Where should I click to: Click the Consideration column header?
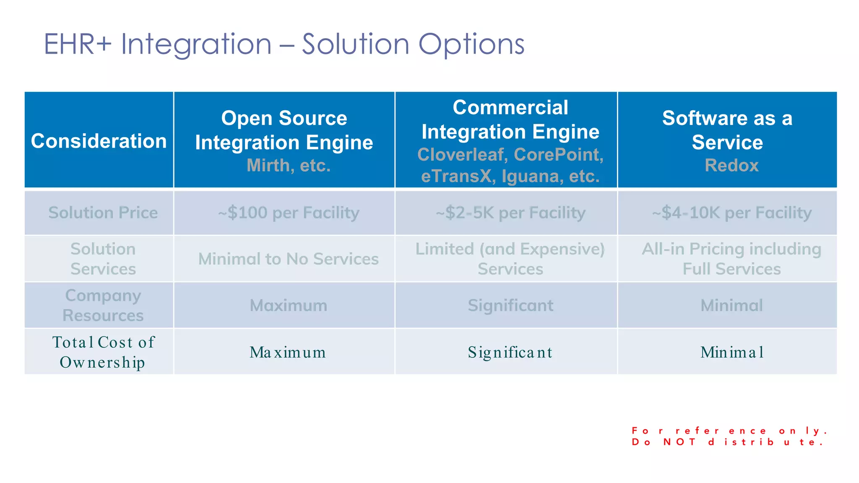(x=99, y=141)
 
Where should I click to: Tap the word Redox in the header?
(x=731, y=166)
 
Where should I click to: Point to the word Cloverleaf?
(x=461, y=155)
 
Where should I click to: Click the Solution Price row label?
(x=103, y=213)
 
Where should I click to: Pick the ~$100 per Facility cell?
(x=289, y=213)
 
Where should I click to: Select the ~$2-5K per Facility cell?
(x=510, y=213)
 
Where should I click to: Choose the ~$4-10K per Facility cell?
(x=731, y=213)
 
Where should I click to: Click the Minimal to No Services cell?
(x=289, y=259)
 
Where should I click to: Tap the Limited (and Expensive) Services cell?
(x=510, y=259)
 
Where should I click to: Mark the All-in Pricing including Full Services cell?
(x=731, y=259)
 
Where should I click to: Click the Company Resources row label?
(x=103, y=305)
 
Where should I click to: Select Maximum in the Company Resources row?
(x=289, y=306)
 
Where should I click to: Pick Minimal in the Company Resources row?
(x=731, y=306)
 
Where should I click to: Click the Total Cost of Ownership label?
(x=103, y=352)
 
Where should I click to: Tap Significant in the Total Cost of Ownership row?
(x=510, y=353)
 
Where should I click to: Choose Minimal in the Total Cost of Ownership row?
(x=731, y=352)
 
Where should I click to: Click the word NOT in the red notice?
(x=679, y=442)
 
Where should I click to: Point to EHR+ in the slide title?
(x=78, y=44)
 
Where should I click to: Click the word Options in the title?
(x=471, y=44)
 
